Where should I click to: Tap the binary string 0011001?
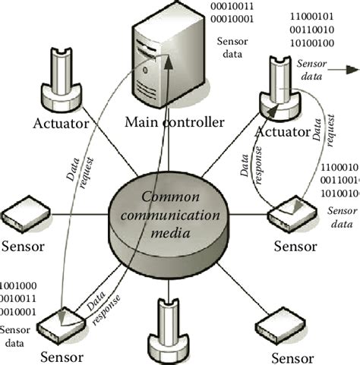(340, 181)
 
